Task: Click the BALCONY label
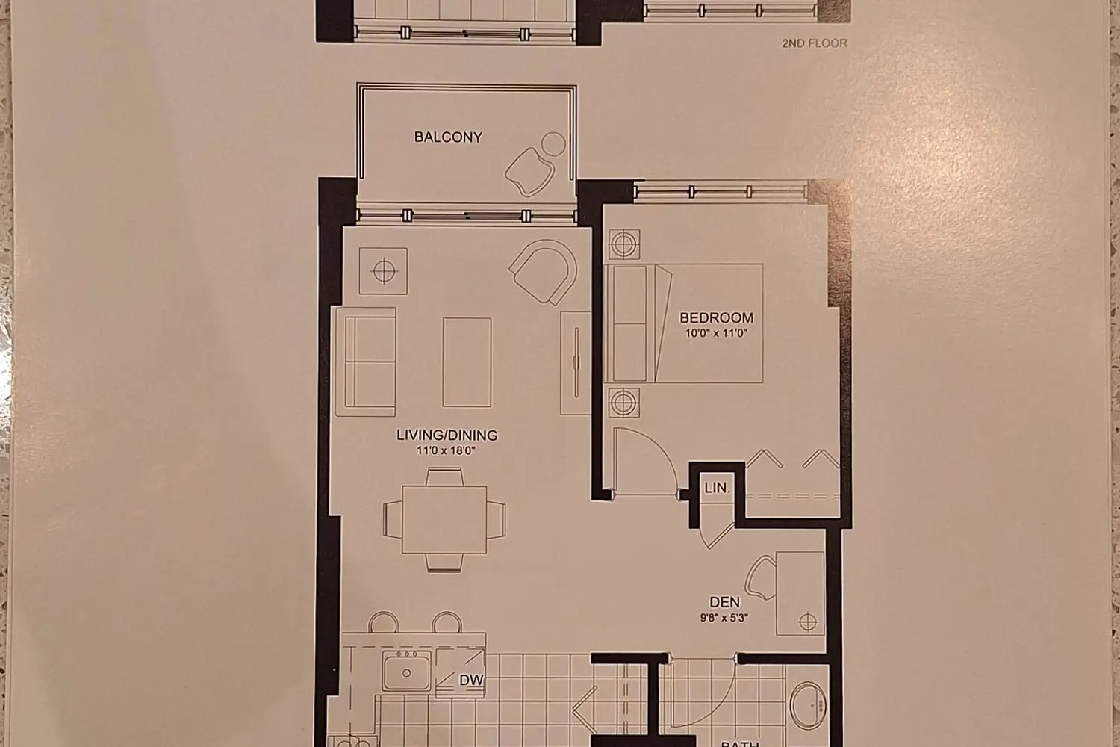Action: click(448, 137)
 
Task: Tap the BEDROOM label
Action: click(716, 317)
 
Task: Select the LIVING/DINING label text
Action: click(447, 436)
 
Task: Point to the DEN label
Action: click(724, 602)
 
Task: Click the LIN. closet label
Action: click(717, 489)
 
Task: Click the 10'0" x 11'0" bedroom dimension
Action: click(716, 334)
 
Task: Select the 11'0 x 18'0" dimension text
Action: click(447, 451)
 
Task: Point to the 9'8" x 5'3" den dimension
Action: click(724, 618)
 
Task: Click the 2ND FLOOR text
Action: click(814, 43)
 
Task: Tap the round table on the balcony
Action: click(553, 143)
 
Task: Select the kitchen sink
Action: click(406, 670)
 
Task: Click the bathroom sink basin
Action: click(808, 704)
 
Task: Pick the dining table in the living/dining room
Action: click(444, 519)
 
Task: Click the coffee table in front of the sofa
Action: click(467, 362)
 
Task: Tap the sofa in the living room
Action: click(365, 361)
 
